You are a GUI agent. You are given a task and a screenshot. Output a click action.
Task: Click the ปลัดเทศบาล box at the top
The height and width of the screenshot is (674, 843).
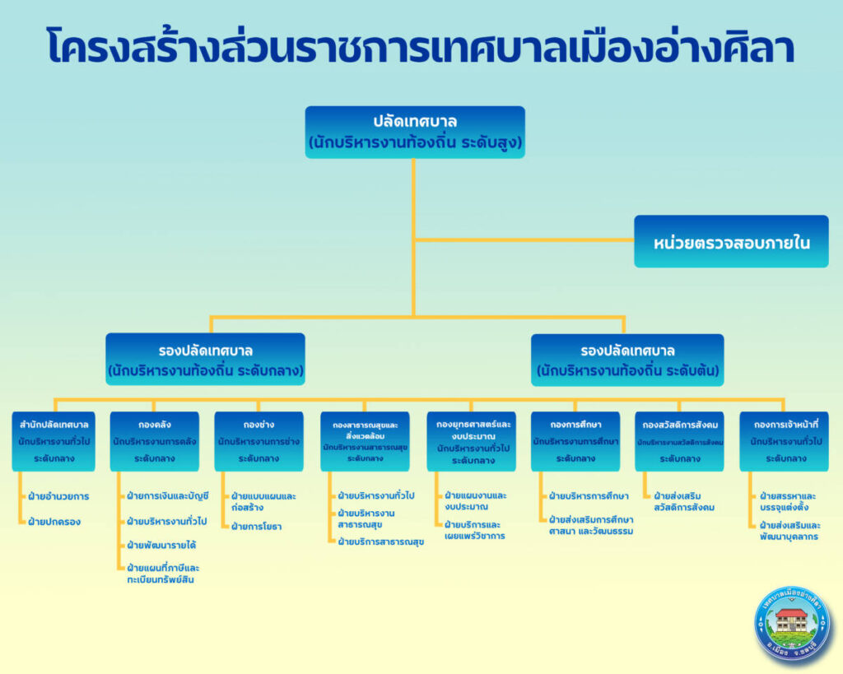click(x=415, y=132)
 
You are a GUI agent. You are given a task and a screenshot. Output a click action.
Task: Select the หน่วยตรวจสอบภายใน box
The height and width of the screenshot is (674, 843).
click(x=731, y=242)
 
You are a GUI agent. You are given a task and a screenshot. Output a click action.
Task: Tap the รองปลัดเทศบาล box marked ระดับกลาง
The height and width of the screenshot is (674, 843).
click(x=206, y=360)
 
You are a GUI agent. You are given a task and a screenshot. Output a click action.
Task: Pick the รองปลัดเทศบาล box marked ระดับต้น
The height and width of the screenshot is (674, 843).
click(x=627, y=360)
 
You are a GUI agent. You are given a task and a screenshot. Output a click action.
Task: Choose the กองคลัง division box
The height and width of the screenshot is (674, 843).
click(x=154, y=441)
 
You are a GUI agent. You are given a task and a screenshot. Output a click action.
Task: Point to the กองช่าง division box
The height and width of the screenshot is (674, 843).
click(x=258, y=441)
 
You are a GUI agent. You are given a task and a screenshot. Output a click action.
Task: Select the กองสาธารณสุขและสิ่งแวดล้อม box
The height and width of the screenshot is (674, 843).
click(x=365, y=441)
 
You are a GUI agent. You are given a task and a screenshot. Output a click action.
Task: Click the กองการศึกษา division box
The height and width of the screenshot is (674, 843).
click(x=575, y=441)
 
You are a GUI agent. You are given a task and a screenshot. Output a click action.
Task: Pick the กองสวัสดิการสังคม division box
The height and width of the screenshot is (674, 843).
click(x=679, y=441)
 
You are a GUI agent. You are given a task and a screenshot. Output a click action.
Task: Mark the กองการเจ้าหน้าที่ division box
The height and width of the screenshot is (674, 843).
click(x=784, y=441)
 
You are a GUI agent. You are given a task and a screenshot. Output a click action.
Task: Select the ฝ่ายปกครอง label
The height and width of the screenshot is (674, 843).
click(x=54, y=521)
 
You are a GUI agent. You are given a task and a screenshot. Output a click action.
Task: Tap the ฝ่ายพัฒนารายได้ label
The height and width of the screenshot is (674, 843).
click(x=161, y=545)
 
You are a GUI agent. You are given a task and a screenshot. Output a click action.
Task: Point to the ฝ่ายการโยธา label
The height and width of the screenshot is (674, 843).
click(x=257, y=526)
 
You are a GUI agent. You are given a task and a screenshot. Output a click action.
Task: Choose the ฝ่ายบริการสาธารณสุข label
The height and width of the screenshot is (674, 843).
click(x=380, y=542)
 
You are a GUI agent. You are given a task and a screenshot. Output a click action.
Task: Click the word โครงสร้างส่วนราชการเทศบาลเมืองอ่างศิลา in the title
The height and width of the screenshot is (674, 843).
click(x=421, y=49)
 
